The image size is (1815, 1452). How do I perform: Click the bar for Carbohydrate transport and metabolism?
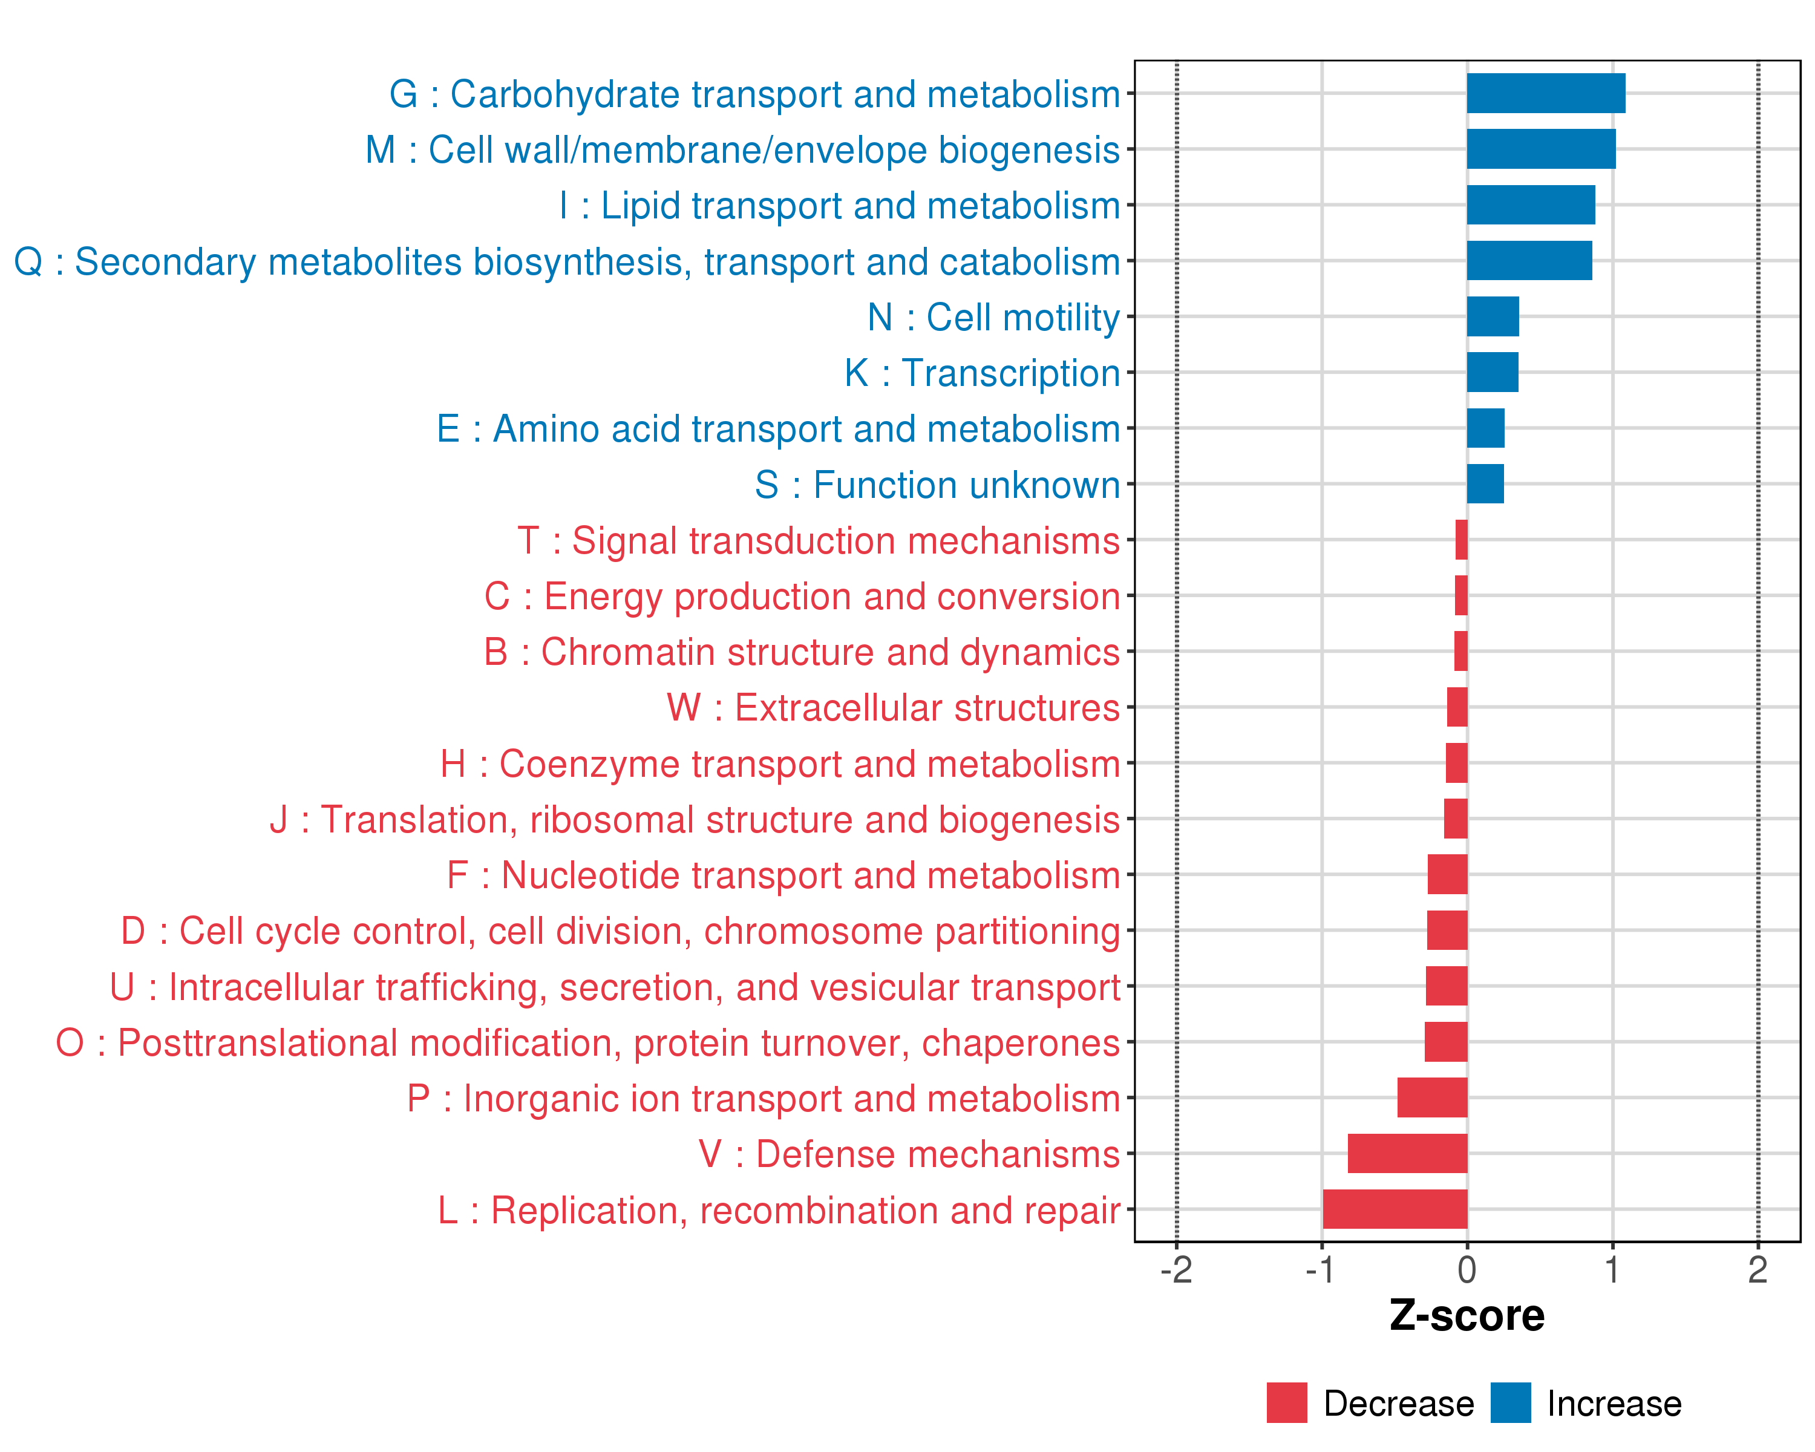1546,93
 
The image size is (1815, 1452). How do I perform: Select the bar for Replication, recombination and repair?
1395,1209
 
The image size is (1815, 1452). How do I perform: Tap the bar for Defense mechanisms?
1408,1153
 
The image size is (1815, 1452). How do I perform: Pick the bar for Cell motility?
1493,316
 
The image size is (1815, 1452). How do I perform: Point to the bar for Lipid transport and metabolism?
1531,204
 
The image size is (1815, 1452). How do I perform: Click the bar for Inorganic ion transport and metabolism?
1432,1097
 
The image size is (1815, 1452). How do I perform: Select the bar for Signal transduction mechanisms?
1462,540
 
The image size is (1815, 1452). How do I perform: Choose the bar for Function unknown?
1485,484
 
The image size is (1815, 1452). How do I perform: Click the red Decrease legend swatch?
1286,1403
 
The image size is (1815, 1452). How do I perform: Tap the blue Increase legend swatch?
1510,1403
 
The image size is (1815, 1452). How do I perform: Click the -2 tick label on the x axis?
1176,1270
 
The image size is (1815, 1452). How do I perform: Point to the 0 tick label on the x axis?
1467,1270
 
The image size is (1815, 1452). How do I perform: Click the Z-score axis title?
1467,1316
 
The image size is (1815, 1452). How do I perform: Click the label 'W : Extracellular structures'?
893,708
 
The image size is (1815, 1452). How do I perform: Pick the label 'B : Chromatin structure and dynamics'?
802,652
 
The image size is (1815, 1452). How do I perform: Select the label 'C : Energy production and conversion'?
802,596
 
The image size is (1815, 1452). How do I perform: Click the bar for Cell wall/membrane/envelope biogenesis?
1540,149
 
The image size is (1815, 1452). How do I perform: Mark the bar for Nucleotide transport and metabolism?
1447,875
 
